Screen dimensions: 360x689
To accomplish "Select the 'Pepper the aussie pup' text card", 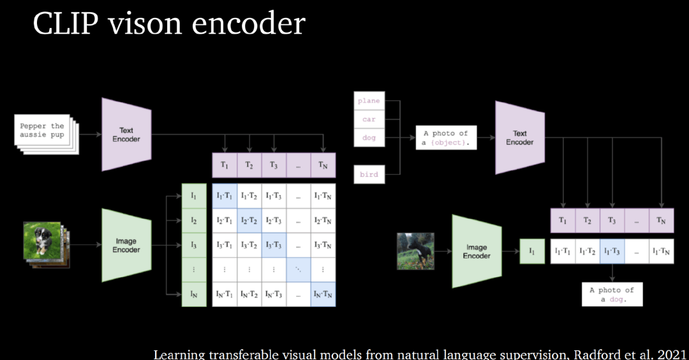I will [42, 131].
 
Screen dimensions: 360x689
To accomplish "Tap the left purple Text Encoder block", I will [126, 135].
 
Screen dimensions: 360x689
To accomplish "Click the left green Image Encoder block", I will [126, 246].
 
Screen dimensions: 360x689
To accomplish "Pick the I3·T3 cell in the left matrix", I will [273, 244].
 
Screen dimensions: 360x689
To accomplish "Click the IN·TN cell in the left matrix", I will [323, 294].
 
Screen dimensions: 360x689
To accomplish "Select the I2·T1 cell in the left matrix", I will [224, 220].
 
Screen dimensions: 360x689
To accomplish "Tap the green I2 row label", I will [194, 220].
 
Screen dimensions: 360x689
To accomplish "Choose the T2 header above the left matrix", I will [249, 165].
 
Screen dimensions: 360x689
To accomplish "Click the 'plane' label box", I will [369, 101].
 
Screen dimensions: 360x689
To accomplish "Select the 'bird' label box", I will [369, 174].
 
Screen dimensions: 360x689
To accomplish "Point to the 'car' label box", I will [369, 119].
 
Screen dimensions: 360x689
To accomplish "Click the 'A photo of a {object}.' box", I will [446, 138].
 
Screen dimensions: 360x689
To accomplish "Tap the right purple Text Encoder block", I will [520, 138].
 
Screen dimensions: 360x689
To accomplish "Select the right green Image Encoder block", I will [477, 251].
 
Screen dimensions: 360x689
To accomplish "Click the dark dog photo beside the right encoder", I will [415, 251].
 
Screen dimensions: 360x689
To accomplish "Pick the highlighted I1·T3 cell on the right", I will [611, 251].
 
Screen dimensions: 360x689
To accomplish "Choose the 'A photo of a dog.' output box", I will [612, 294].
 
